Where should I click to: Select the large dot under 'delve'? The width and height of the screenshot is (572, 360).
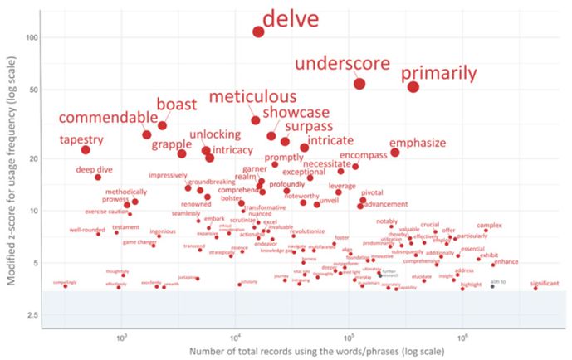click(x=258, y=32)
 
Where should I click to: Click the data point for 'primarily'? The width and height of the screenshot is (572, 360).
click(x=413, y=87)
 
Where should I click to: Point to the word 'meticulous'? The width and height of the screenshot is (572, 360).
click(x=252, y=97)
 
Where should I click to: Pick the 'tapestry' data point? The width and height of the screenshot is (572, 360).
click(x=86, y=149)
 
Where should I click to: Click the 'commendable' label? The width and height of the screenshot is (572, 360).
click(x=107, y=117)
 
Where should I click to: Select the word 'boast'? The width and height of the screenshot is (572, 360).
click(x=177, y=105)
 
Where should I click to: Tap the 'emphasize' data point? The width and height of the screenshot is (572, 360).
click(x=395, y=153)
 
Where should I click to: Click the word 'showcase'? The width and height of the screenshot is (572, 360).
click(x=296, y=112)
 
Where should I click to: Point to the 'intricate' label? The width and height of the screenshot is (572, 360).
click(x=331, y=140)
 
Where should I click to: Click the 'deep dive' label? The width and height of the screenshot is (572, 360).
click(x=94, y=169)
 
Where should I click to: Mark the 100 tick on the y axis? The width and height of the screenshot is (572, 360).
click(x=33, y=37)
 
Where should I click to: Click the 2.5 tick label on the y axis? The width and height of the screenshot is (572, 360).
click(x=34, y=315)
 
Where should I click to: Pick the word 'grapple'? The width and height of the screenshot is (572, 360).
click(x=171, y=144)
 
